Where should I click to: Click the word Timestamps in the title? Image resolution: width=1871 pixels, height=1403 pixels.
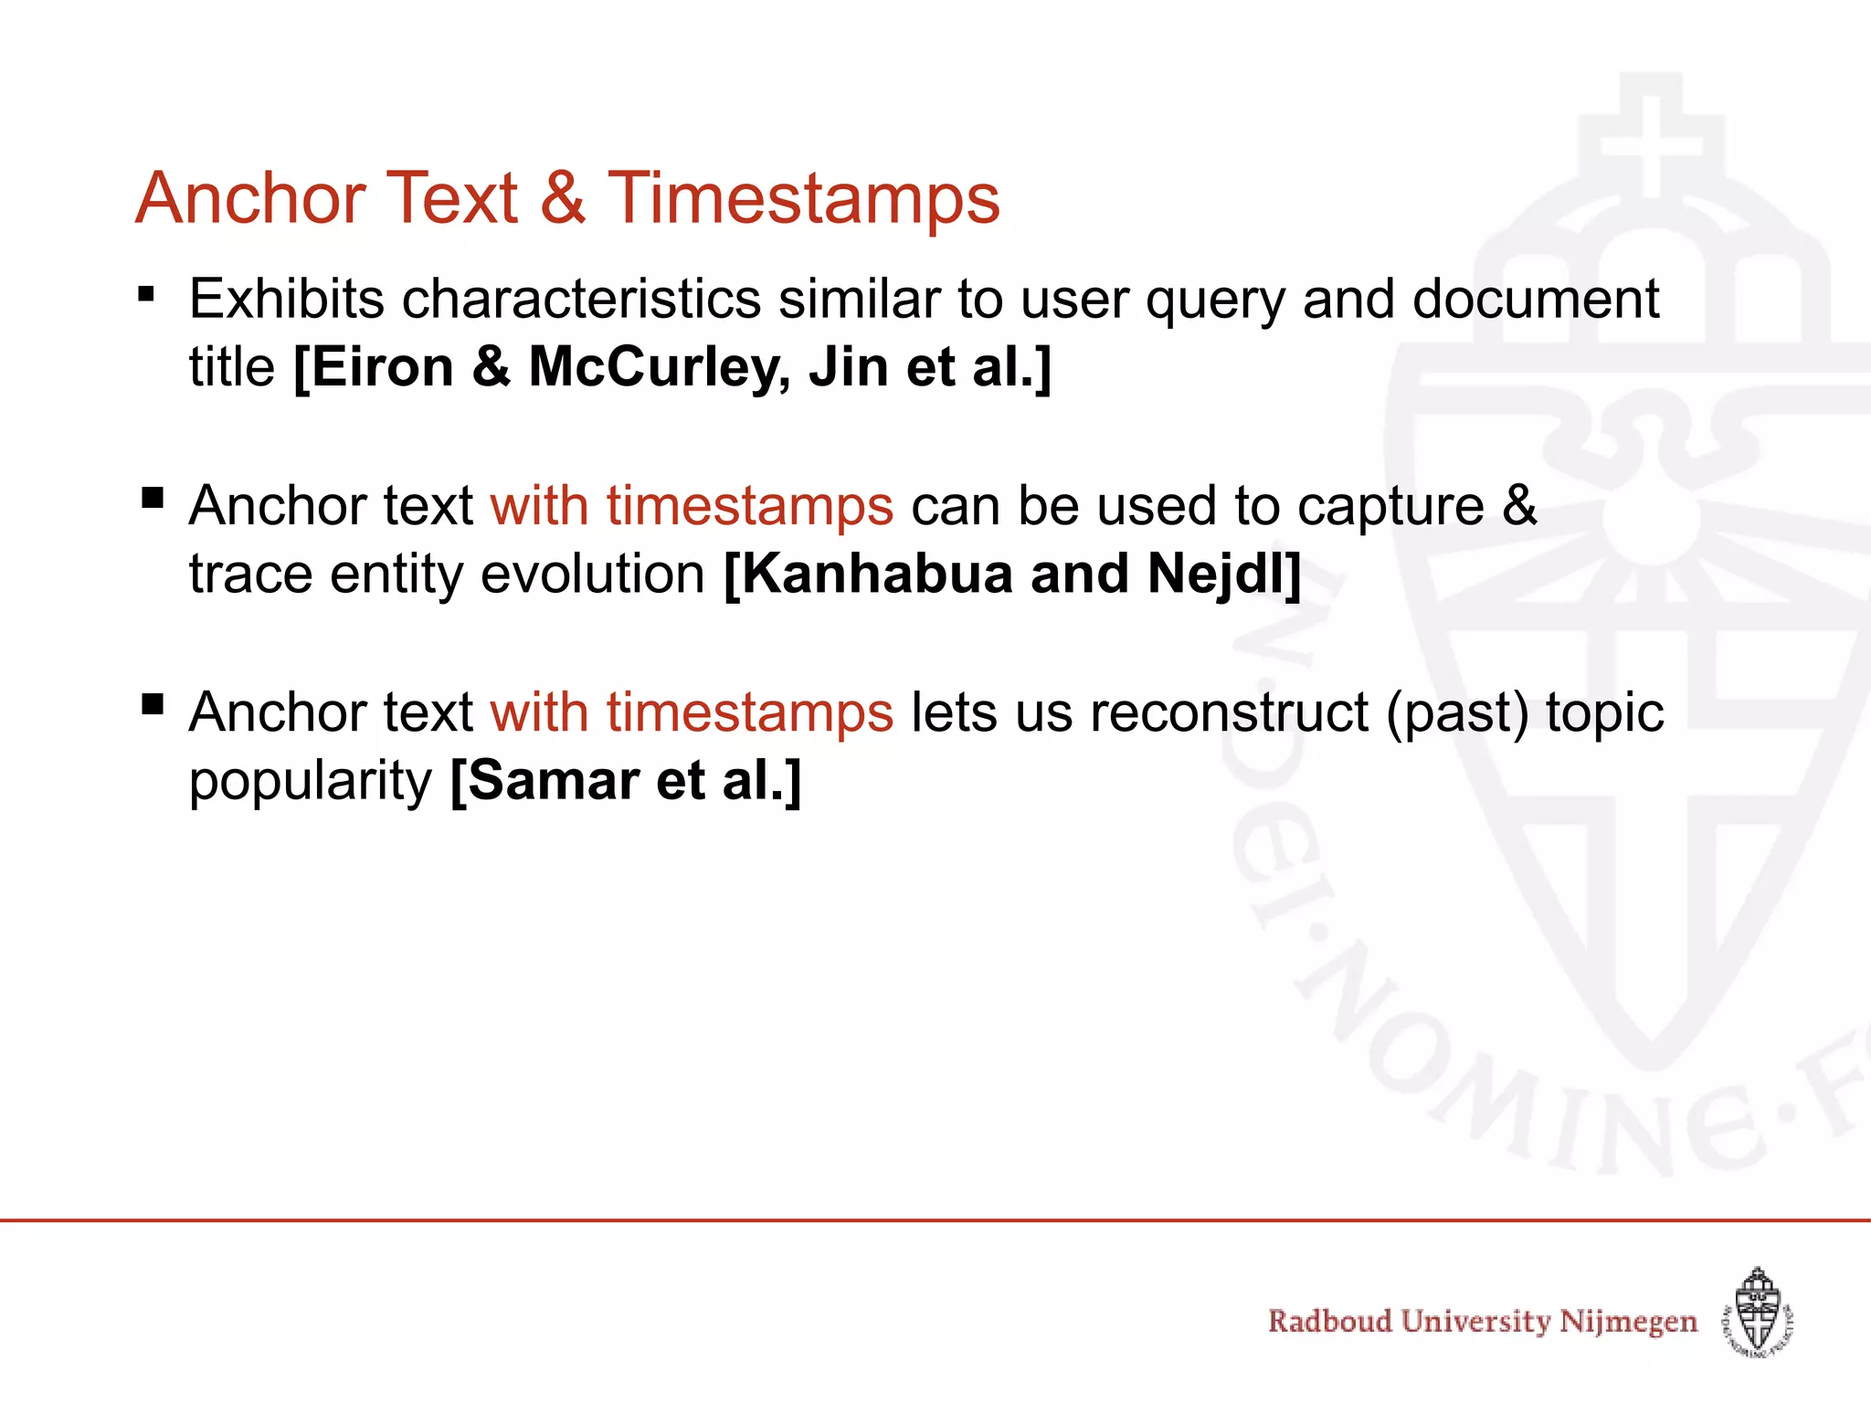(804, 198)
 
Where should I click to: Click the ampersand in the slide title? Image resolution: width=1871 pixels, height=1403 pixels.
(563, 198)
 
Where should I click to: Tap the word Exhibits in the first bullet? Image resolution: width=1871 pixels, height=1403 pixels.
(287, 299)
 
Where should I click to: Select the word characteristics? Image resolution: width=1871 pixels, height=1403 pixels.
(581, 299)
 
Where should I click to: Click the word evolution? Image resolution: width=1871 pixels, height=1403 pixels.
(593, 574)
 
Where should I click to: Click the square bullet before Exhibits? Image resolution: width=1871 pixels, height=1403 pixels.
(146, 295)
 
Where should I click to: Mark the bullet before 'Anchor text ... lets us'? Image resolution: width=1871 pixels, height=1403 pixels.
(153, 704)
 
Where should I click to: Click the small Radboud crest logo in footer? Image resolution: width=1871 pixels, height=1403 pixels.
(1758, 1312)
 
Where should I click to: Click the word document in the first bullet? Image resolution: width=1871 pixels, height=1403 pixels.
(1535, 299)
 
